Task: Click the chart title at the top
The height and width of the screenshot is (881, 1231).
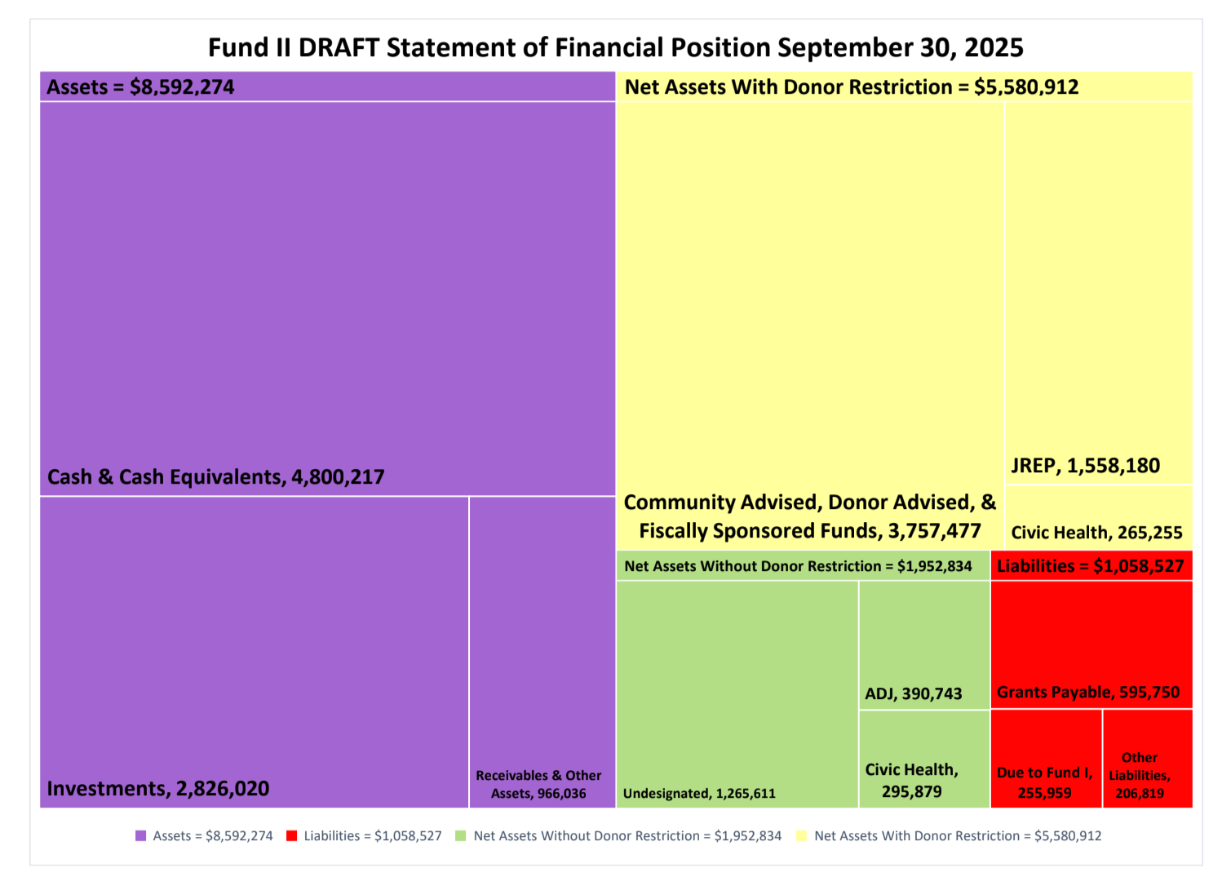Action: [615, 47]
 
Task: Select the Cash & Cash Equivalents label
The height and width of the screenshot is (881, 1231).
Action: [215, 477]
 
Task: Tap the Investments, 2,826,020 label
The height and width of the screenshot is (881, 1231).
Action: [157, 789]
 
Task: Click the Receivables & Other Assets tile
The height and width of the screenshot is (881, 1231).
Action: [542, 653]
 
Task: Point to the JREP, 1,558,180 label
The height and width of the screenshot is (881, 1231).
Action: [1085, 466]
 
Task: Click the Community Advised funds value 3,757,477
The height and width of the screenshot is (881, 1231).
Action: [934, 531]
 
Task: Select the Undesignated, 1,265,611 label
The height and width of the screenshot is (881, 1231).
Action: [699, 794]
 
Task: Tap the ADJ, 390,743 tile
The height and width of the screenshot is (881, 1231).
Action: [923, 644]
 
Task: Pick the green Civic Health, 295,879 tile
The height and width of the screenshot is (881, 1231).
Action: [923, 759]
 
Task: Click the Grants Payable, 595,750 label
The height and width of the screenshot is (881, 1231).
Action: [1088, 693]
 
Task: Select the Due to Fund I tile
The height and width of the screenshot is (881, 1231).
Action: [1045, 759]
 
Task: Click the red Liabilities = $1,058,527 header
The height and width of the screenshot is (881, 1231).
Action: [1091, 566]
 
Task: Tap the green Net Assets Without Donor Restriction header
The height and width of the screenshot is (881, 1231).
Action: [798, 566]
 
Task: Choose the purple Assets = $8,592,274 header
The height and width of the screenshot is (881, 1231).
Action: [140, 87]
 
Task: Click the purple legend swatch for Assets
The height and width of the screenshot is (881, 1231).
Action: [140, 836]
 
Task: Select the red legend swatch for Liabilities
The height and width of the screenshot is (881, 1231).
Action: [291, 836]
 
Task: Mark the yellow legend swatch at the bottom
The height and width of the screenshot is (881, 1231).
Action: [802, 836]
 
